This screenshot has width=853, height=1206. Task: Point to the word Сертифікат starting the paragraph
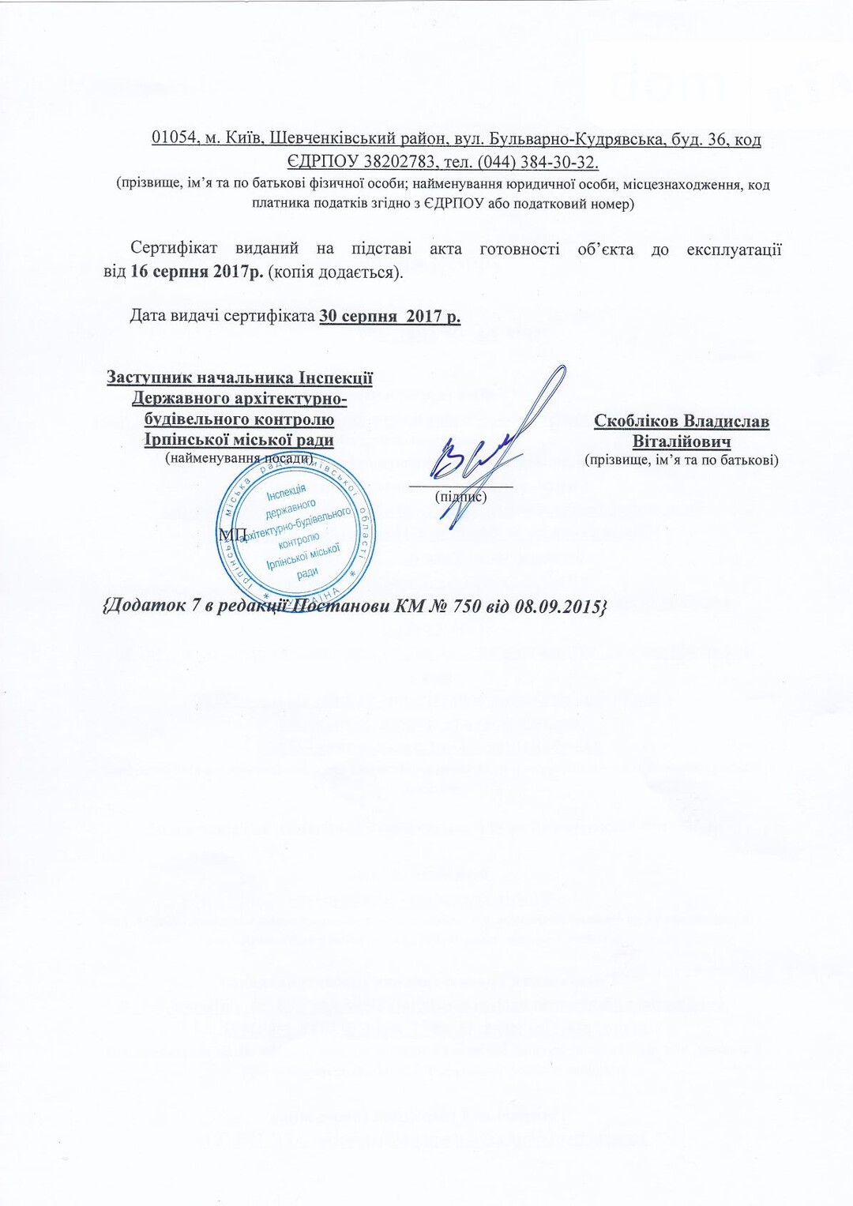(174, 249)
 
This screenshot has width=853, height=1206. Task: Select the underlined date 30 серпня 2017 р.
(389, 317)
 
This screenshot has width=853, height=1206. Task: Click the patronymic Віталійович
(681, 441)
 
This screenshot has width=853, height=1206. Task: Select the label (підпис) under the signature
(461, 497)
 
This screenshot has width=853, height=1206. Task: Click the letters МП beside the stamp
(232, 535)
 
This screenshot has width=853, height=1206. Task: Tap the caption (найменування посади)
(239, 458)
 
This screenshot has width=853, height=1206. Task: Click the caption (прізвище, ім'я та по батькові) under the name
(681, 460)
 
